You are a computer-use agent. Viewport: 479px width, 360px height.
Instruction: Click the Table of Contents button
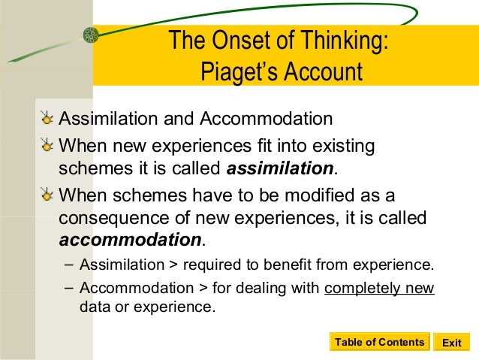click(x=379, y=343)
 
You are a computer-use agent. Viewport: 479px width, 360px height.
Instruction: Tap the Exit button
click(x=451, y=343)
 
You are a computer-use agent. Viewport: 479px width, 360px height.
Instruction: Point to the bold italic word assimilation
click(x=279, y=166)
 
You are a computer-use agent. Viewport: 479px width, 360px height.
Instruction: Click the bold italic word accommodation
click(x=130, y=241)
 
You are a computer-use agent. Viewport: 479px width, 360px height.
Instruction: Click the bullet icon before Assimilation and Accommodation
click(x=48, y=119)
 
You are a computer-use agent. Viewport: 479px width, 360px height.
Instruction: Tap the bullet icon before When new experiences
click(x=48, y=144)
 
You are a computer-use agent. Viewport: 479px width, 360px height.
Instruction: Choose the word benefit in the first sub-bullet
click(x=312, y=265)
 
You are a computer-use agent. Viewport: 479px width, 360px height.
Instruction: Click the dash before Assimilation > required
click(x=69, y=264)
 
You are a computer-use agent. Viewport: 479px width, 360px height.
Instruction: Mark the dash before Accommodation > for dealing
click(x=69, y=287)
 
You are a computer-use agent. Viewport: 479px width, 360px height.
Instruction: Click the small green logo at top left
click(x=91, y=35)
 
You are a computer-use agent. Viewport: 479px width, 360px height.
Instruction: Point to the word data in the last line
click(x=93, y=307)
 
